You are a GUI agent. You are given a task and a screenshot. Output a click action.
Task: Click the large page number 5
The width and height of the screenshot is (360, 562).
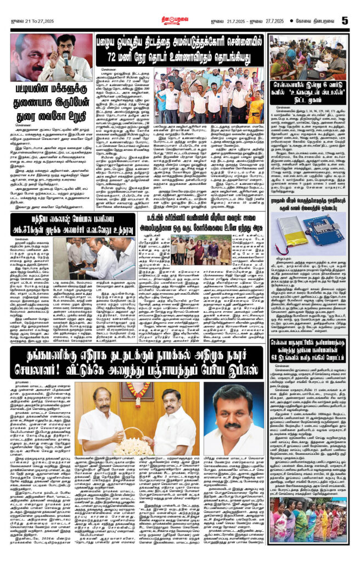tap(345, 20)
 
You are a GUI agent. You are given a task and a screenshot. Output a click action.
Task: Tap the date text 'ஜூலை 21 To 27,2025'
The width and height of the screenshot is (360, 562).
tap(33, 21)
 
